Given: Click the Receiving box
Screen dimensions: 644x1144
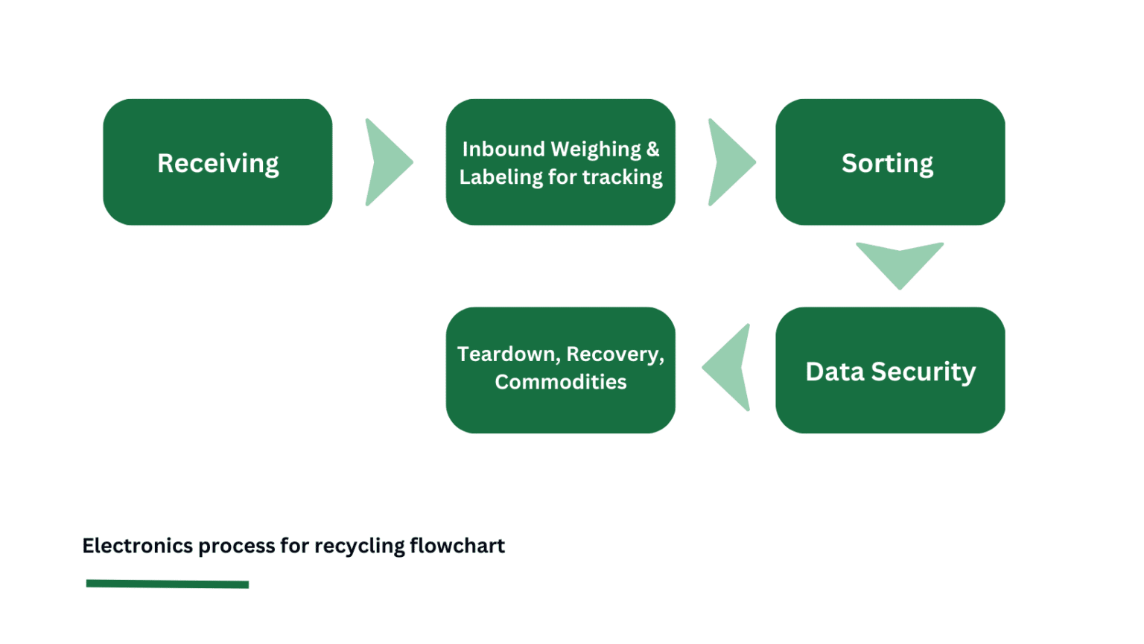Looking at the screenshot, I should [x=217, y=162].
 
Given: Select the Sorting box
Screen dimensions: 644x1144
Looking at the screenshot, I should [x=889, y=162].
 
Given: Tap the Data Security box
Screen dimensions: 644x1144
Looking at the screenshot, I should [x=889, y=370].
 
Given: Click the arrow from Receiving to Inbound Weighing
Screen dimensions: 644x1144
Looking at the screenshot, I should [x=387, y=162].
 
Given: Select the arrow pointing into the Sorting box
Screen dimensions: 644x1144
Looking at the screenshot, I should [x=731, y=162].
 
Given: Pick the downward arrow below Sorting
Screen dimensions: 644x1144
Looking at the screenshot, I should [x=899, y=264].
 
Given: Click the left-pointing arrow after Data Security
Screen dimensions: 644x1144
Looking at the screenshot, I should [x=728, y=367].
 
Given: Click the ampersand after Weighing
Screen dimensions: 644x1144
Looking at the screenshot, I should [x=652, y=149].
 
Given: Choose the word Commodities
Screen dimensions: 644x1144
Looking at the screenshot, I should [x=560, y=382].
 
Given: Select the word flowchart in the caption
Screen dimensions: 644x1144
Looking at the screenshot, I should [x=457, y=546].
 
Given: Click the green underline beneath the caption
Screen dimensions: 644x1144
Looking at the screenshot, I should [x=168, y=584].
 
